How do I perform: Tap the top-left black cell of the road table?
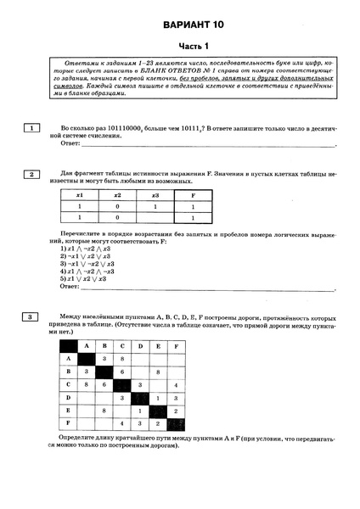tap(69, 345)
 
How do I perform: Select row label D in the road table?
tap(69, 397)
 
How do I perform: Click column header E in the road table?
tap(156, 345)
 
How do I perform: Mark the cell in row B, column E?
tap(156, 372)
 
